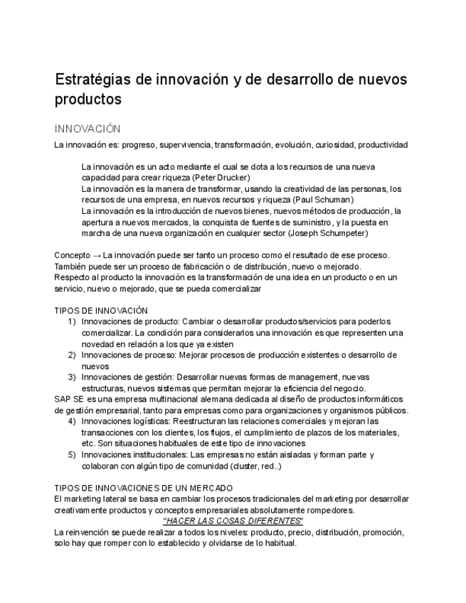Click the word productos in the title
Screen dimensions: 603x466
pos(88,100)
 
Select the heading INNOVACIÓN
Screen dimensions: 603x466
pos(88,129)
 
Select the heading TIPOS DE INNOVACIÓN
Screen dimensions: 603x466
pos(101,311)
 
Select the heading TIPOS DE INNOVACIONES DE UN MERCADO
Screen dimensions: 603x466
pos(144,488)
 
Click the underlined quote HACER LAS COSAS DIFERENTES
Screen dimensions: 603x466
pos(233,521)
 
